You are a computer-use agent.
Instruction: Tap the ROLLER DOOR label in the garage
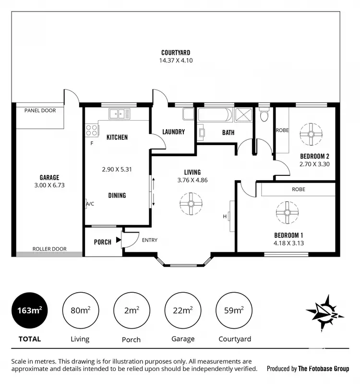coord(49,249)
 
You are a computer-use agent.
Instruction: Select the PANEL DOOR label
coord(40,111)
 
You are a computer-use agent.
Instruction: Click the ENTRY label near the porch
coord(149,240)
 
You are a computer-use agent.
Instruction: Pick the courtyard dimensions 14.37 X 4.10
coord(176,61)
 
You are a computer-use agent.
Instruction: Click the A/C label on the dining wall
coord(89,204)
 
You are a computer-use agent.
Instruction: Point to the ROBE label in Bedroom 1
coord(298,189)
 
